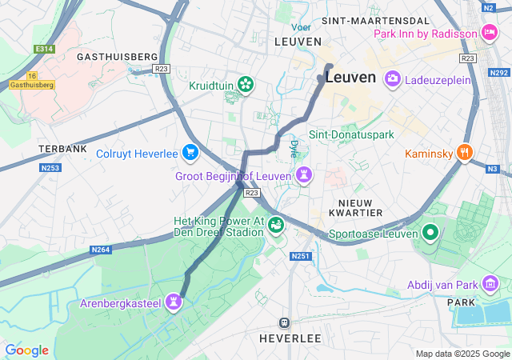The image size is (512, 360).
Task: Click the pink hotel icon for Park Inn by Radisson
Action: [x=490, y=33]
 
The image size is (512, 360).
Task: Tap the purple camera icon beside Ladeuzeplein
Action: [x=393, y=78]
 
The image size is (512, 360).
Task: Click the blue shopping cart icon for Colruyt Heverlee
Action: [x=190, y=152]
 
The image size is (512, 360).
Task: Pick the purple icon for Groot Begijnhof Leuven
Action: [x=304, y=174]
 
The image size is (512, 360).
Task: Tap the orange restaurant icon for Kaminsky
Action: [x=465, y=153]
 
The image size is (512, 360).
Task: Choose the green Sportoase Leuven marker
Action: [x=430, y=234]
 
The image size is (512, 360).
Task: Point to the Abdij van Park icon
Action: [x=490, y=283]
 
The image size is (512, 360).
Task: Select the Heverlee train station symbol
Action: [x=283, y=322]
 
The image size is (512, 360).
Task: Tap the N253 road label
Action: [x=51, y=167]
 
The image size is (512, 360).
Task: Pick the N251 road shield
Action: [x=300, y=256]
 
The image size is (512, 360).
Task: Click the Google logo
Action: [x=26, y=350]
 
